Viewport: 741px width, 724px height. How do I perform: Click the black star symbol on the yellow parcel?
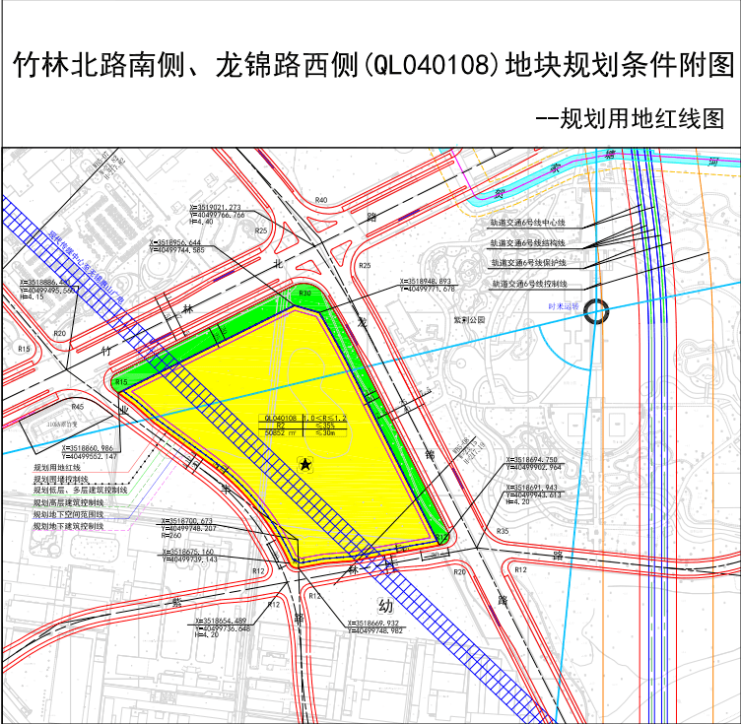(x=305, y=463)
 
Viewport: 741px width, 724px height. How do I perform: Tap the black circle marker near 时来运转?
(x=595, y=312)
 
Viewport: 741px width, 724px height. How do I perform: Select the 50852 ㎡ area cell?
(x=280, y=431)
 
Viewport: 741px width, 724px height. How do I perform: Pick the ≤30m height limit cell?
(x=325, y=431)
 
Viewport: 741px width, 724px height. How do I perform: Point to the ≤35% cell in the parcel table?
(x=325, y=426)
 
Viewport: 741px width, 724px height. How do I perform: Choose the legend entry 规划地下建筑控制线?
(x=67, y=526)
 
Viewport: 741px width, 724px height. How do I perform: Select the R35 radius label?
(x=503, y=532)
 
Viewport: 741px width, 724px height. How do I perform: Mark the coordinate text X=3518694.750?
(x=532, y=460)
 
